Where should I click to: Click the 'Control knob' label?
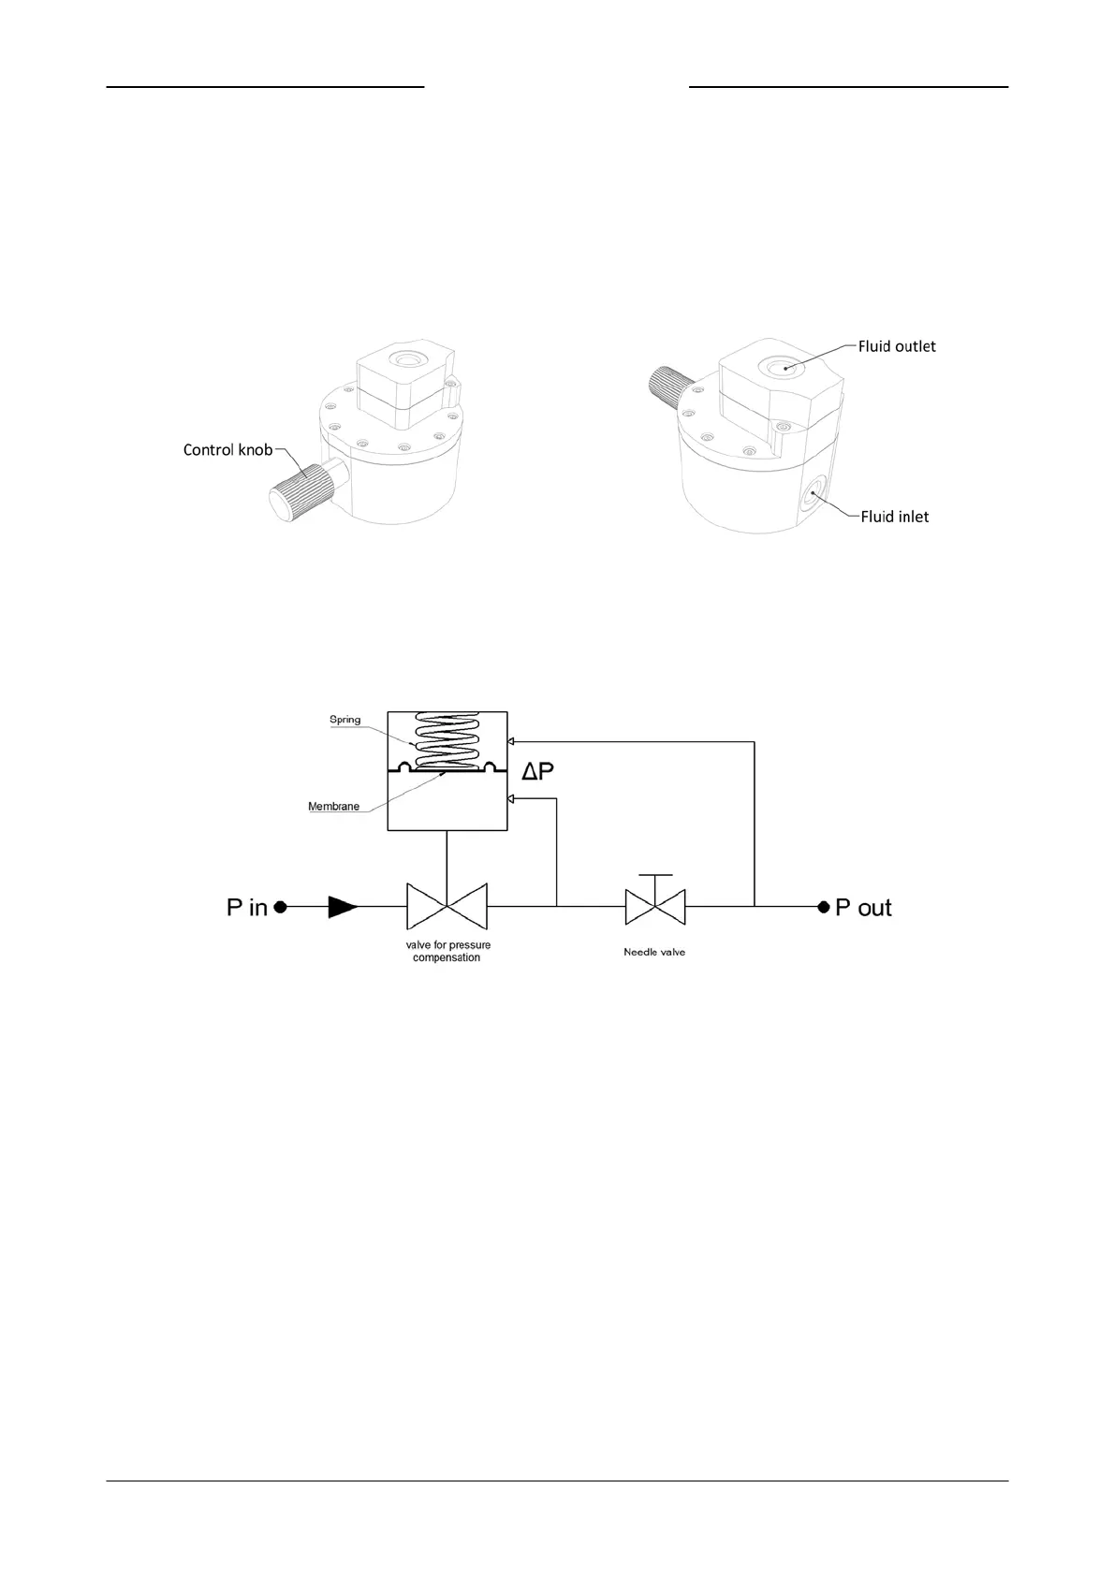(x=227, y=450)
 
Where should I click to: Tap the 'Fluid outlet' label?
(x=897, y=346)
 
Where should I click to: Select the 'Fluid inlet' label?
(x=895, y=517)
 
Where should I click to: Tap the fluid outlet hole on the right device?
(x=780, y=367)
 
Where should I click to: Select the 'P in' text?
(x=247, y=907)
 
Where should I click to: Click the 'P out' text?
(x=863, y=908)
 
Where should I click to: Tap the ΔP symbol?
(x=537, y=772)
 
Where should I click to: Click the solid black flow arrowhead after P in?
(x=344, y=907)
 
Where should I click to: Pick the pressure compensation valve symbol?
(x=447, y=907)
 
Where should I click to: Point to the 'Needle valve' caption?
(x=654, y=953)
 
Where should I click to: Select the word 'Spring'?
(x=344, y=720)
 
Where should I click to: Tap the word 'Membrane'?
(x=333, y=807)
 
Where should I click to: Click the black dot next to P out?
(x=823, y=907)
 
